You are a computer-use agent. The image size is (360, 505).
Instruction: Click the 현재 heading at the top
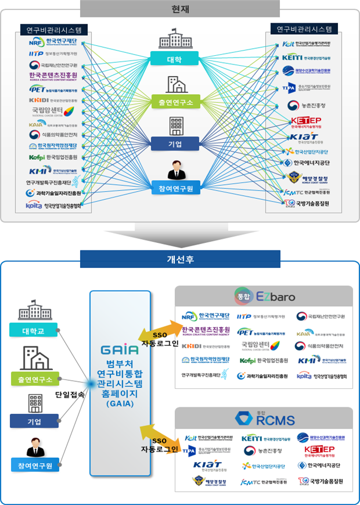(x=179, y=8)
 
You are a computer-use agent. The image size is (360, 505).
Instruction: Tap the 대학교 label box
(x=33, y=332)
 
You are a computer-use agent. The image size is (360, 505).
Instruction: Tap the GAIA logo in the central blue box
(x=120, y=350)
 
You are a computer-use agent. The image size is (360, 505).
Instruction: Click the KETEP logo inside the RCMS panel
(x=319, y=451)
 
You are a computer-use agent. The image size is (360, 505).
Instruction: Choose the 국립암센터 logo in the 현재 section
(x=53, y=111)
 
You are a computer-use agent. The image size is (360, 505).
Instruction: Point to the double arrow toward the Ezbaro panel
(x=159, y=332)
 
